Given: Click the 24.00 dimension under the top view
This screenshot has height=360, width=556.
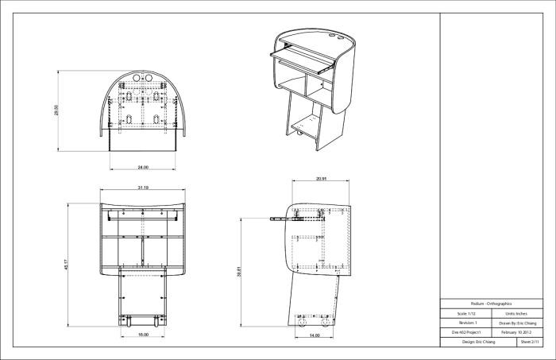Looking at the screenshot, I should coord(143,168).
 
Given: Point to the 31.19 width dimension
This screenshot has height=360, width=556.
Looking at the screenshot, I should coord(143,188).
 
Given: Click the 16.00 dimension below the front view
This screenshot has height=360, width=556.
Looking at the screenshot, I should coord(143,335).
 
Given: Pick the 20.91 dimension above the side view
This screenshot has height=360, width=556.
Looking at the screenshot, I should coord(321,178).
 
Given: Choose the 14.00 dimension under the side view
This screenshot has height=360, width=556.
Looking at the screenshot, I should coord(315,336).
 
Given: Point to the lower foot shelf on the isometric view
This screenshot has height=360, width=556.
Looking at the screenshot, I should coord(308,125).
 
